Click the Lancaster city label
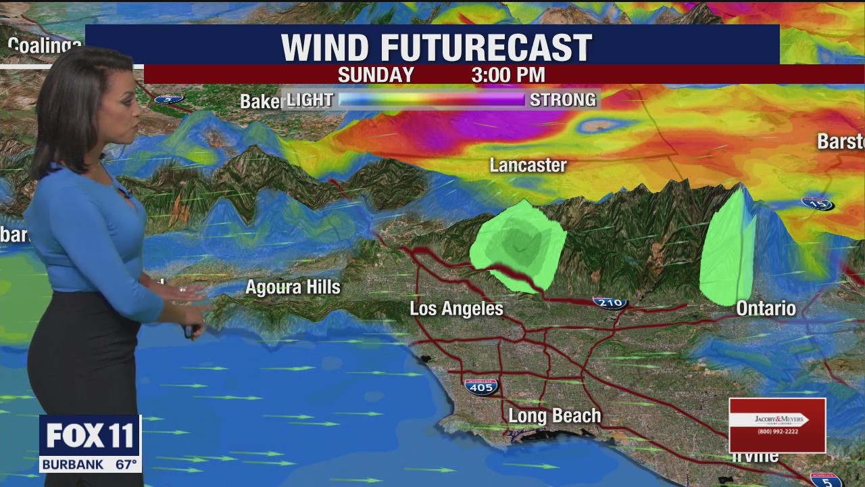click(x=528, y=165)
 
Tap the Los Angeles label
click(x=456, y=309)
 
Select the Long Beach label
click(x=554, y=415)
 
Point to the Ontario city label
click(x=766, y=308)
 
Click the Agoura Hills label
click(x=293, y=287)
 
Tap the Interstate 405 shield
click(x=481, y=387)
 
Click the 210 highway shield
click(x=610, y=303)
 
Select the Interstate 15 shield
click(x=816, y=203)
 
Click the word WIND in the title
click(x=325, y=48)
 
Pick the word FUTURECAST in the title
click(x=486, y=48)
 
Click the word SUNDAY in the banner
click(x=376, y=74)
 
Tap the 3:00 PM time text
click(x=508, y=74)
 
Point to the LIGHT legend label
click(x=310, y=100)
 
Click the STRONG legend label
click(x=563, y=100)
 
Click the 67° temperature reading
click(x=126, y=465)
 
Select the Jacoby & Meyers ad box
click(x=777, y=425)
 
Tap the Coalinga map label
click(x=45, y=46)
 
